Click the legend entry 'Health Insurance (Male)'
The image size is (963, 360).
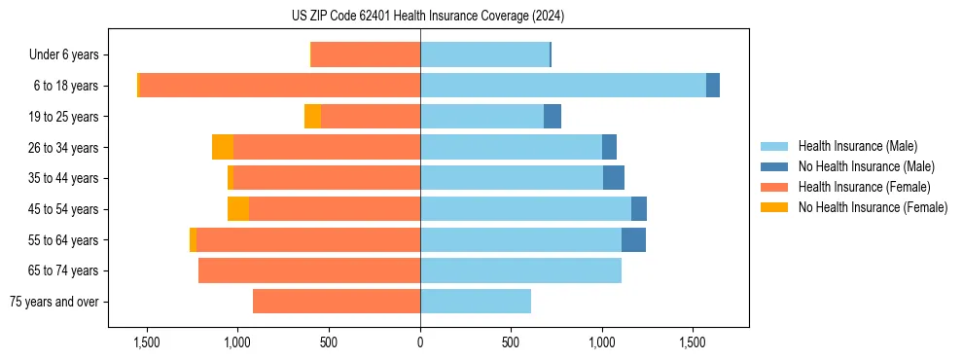857,146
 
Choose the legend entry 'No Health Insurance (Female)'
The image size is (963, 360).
873,207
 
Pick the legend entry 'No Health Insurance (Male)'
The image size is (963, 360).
866,166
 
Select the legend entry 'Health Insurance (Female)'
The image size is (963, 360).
864,187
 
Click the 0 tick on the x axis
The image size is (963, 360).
420,342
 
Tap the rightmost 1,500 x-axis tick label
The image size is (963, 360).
693,342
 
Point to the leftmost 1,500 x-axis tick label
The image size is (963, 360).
147,342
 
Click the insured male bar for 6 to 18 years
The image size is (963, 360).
563,86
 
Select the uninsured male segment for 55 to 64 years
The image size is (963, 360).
633,240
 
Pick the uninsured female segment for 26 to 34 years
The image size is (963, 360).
223,147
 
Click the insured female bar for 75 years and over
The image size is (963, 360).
337,302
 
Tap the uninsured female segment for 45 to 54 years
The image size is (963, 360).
238,209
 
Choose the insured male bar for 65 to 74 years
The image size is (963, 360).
520,270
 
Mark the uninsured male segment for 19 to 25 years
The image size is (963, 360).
553,117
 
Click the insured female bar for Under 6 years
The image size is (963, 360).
366,55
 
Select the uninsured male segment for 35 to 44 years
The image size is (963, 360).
614,178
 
